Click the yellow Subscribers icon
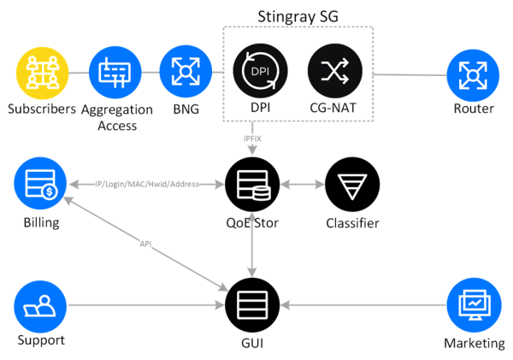pos(42,74)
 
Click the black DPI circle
pos(257,74)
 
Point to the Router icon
pos(472,75)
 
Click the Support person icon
pos(40,304)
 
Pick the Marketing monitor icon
pos(472,304)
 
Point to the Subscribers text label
pos(42,109)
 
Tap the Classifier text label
pos(351,224)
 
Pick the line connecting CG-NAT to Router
pos(408,74)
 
